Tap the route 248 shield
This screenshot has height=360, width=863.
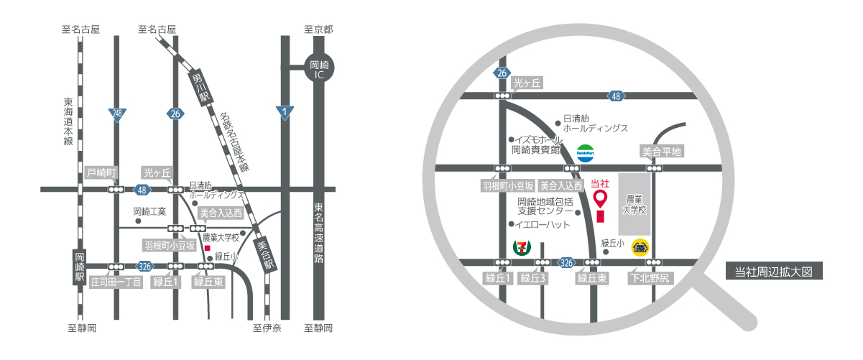116,114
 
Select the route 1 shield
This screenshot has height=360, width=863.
285,112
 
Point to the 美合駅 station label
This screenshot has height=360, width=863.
265,254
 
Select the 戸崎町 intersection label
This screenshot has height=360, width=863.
101,173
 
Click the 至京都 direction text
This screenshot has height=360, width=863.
318,29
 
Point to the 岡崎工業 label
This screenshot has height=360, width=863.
149,212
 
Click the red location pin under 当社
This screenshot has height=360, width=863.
599,198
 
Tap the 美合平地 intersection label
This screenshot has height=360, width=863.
660,152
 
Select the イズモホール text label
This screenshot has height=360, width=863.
537,139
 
